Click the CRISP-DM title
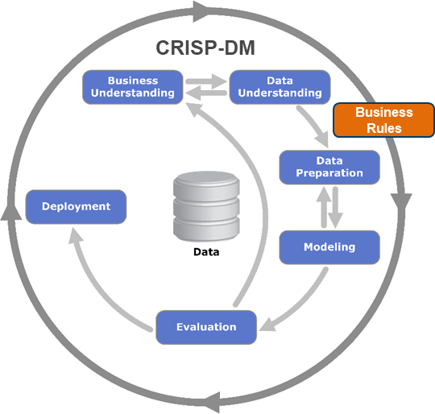tap(205, 48)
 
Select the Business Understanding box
tap(133, 87)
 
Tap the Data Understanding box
tap(280, 87)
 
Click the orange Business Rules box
tap(384, 120)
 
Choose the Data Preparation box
tap(329, 168)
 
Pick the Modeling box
tap(329, 247)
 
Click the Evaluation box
tap(206, 327)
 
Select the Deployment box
tap(76, 206)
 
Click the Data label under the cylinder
tap(206, 252)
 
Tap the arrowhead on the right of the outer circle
tap(401, 202)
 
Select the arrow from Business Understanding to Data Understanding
tap(206, 81)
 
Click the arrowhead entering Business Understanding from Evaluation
tap(193, 109)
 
